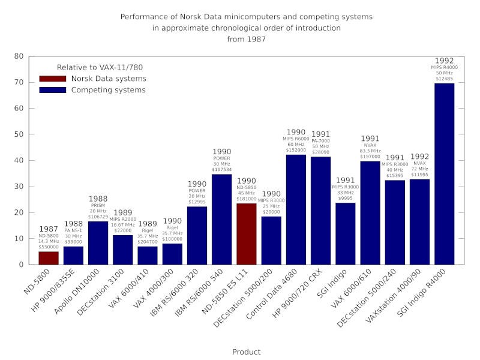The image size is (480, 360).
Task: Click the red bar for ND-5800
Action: pyautogui.click(x=49, y=258)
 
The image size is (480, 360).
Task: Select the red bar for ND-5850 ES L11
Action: pyautogui.click(x=247, y=234)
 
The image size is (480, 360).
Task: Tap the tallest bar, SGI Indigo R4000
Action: pyautogui.click(x=444, y=174)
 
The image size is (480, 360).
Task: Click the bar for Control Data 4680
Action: pyautogui.click(x=296, y=210)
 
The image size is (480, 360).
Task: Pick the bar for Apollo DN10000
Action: pyautogui.click(x=98, y=243)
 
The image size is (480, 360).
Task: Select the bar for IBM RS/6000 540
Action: pyautogui.click(x=221, y=220)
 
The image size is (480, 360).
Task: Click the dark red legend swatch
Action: pyautogui.click(x=52, y=79)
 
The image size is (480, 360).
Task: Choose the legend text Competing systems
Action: pyautogui.click(x=108, y=90)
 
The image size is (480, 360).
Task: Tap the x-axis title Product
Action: pyautogui.click(x=247, y=352)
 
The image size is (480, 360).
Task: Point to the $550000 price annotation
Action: pyautogui.click(x=49, y=247)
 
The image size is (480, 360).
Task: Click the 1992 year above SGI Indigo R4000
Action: pyautogui.click(x=444, y=61)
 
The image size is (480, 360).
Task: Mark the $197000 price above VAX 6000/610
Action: pyautogui.click(x=370, y=157)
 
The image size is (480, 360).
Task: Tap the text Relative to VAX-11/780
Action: pyautogui.click(x=100, y=68)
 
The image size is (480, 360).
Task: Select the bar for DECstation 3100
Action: pyautogui.click(x=123, y=250)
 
